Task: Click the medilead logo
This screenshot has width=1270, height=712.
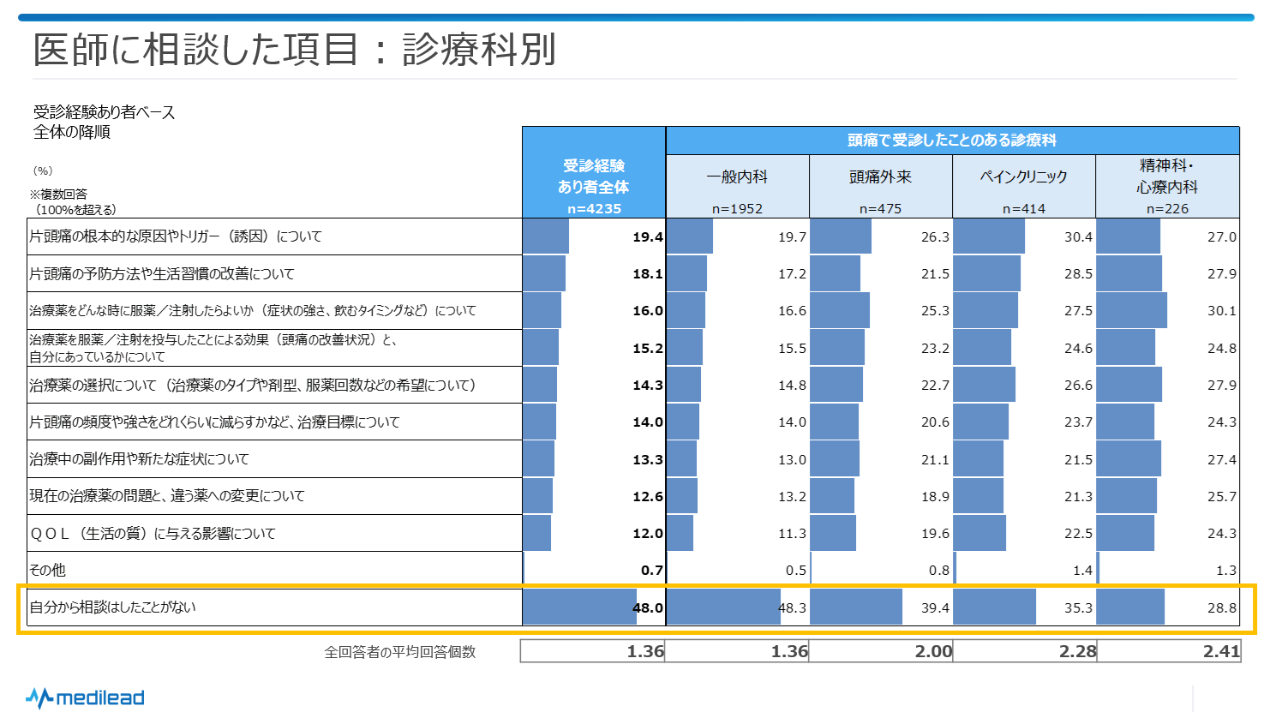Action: [85, 697]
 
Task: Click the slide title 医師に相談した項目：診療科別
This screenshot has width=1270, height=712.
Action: [294, 50]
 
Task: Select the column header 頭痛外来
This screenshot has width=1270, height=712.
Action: [880, 177]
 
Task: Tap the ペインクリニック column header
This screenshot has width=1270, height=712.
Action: [1023, 177]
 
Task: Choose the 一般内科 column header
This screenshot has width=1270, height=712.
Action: [737, 177]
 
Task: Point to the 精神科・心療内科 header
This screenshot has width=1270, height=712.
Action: [1167, 176]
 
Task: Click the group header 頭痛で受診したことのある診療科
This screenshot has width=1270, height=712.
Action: [951, 141]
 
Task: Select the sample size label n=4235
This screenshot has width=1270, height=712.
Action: [594, 208]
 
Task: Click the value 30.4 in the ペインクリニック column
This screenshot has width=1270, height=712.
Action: [1078, 237]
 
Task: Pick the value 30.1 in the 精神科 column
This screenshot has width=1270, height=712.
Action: [1221, 311]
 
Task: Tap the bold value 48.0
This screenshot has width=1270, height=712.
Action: [648, 607]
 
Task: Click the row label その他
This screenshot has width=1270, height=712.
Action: [47, 570]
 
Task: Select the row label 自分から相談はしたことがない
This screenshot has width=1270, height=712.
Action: [112, 607]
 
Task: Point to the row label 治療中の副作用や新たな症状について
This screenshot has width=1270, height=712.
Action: [139, 459]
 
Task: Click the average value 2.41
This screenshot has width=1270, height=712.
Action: [1221, 651]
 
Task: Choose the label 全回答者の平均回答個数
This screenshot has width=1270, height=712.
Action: [399, 652]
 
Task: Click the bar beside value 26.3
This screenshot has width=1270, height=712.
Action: [840, 236]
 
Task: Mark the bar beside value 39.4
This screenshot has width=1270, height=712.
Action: [855, 607]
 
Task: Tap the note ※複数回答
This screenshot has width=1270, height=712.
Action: [58, 194]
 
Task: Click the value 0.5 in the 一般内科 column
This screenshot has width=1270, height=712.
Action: [795, 571]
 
